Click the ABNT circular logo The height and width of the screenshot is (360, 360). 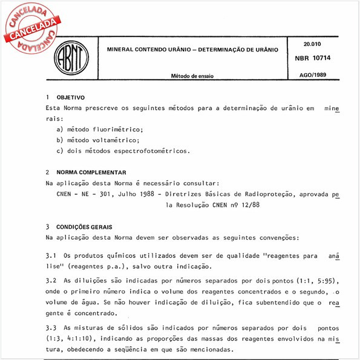(x=71, y=58)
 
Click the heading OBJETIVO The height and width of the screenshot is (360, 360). (x=70, y=97)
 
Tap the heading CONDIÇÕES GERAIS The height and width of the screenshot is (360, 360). (x=83, y=227)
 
